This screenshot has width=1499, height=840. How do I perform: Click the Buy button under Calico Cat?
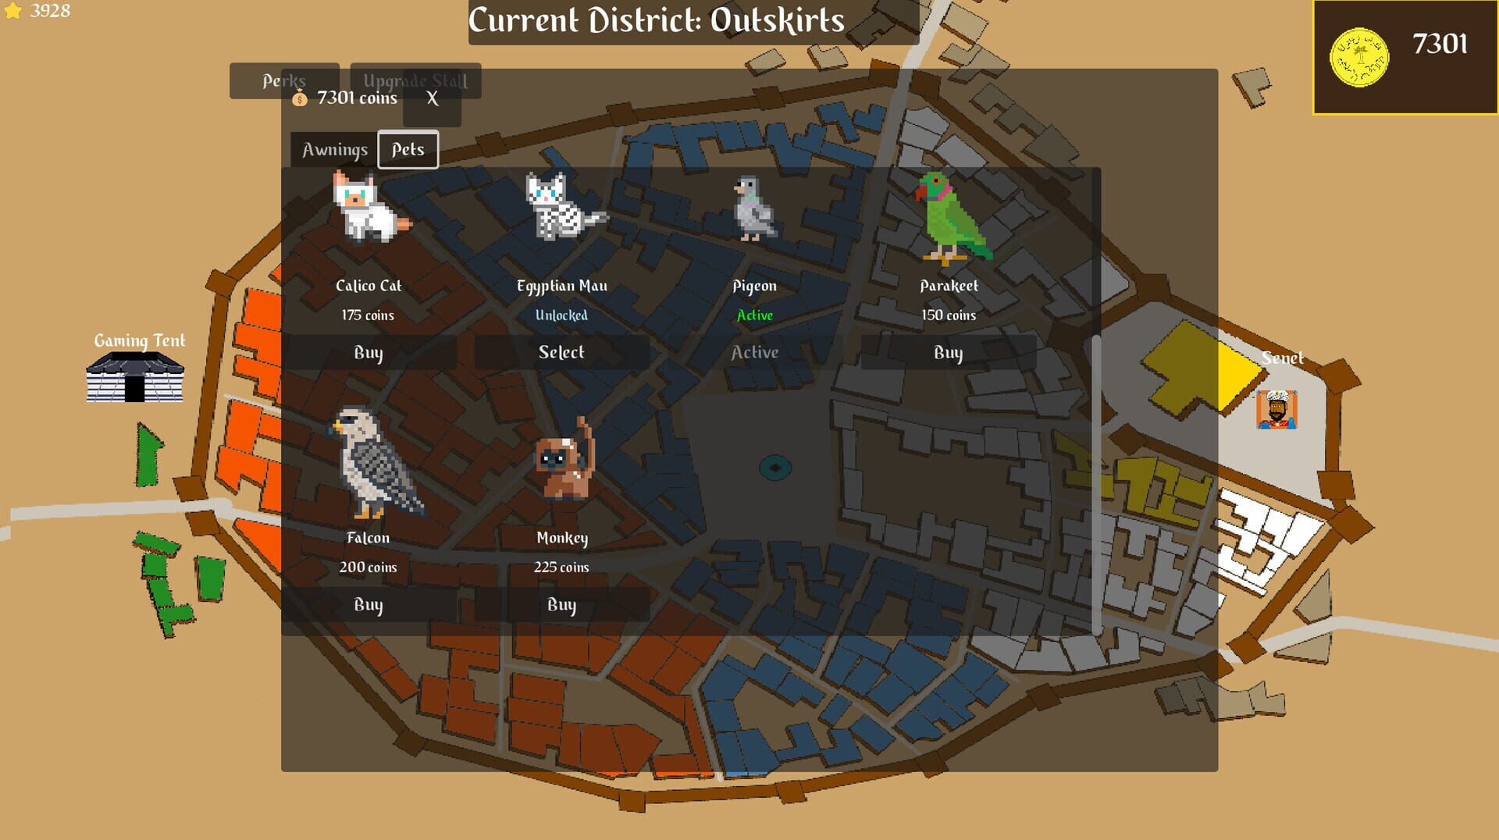(368, 353)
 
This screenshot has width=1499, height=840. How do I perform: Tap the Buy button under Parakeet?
(948, 353)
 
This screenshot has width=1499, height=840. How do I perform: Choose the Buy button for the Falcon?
(368, 605)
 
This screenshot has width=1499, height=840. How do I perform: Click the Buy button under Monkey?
(561, 605)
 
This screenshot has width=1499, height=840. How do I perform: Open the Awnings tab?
(334, 150)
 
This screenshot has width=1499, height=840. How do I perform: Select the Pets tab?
(408, 150)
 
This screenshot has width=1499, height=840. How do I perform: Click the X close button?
(433, 99)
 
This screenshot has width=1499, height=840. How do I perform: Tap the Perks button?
(283, 80)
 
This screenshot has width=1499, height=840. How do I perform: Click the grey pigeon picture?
(753, 208)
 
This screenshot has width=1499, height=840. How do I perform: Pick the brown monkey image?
(564, 461)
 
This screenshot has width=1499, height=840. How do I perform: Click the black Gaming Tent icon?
(135, 376)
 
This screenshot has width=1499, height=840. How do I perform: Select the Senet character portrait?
(1276, 409)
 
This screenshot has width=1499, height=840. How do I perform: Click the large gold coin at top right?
(1358, 58)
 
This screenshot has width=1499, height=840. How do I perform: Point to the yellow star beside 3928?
(13, 11)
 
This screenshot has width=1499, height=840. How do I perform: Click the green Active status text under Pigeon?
(754, 315)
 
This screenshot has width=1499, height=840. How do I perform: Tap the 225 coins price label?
(561, 568)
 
